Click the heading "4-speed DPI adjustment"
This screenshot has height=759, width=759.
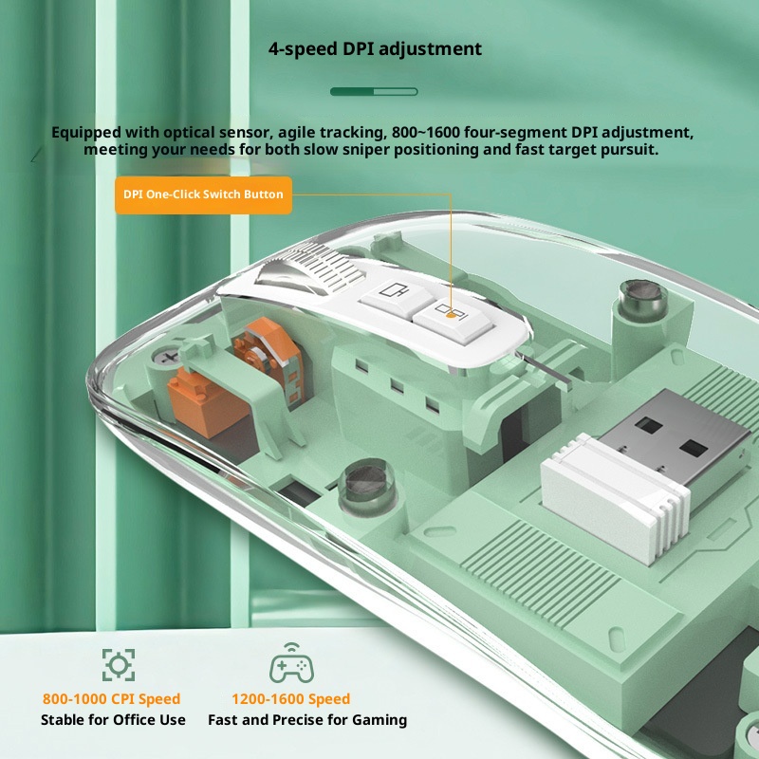point(375,49)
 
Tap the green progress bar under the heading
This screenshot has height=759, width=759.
point(374,91)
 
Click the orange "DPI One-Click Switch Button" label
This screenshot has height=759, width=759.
point(203,194)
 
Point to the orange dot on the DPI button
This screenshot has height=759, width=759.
point(451,316)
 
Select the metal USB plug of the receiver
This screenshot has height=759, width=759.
point(673,435)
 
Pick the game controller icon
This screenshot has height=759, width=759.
point(292,663)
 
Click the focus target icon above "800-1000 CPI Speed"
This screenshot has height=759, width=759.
point(119,665)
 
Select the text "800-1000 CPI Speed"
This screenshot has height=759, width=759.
point(111,699)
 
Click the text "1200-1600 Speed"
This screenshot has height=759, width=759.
point(291,699)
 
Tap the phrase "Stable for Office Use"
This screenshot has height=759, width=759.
point(113,720)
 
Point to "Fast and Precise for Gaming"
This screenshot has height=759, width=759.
point(307,720)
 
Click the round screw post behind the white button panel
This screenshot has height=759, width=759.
point(641,301)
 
